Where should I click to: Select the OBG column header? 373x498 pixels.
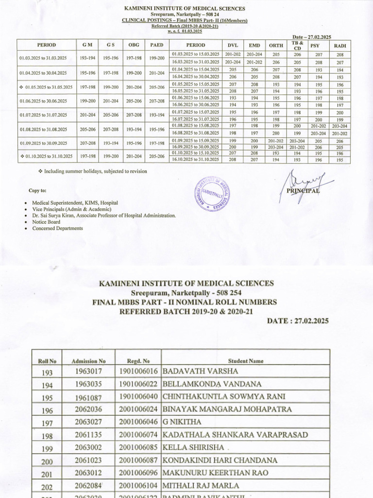[133, 45]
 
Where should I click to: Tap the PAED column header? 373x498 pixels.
[156, 45]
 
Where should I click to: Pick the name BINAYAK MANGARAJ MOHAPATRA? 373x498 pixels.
[227, 409]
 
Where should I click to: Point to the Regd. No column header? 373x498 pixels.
[138, 361]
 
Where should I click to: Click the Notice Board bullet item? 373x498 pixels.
[46, 222]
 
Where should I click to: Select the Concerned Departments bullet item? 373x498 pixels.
[57, 228]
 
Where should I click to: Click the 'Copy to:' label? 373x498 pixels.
[38, 191]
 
